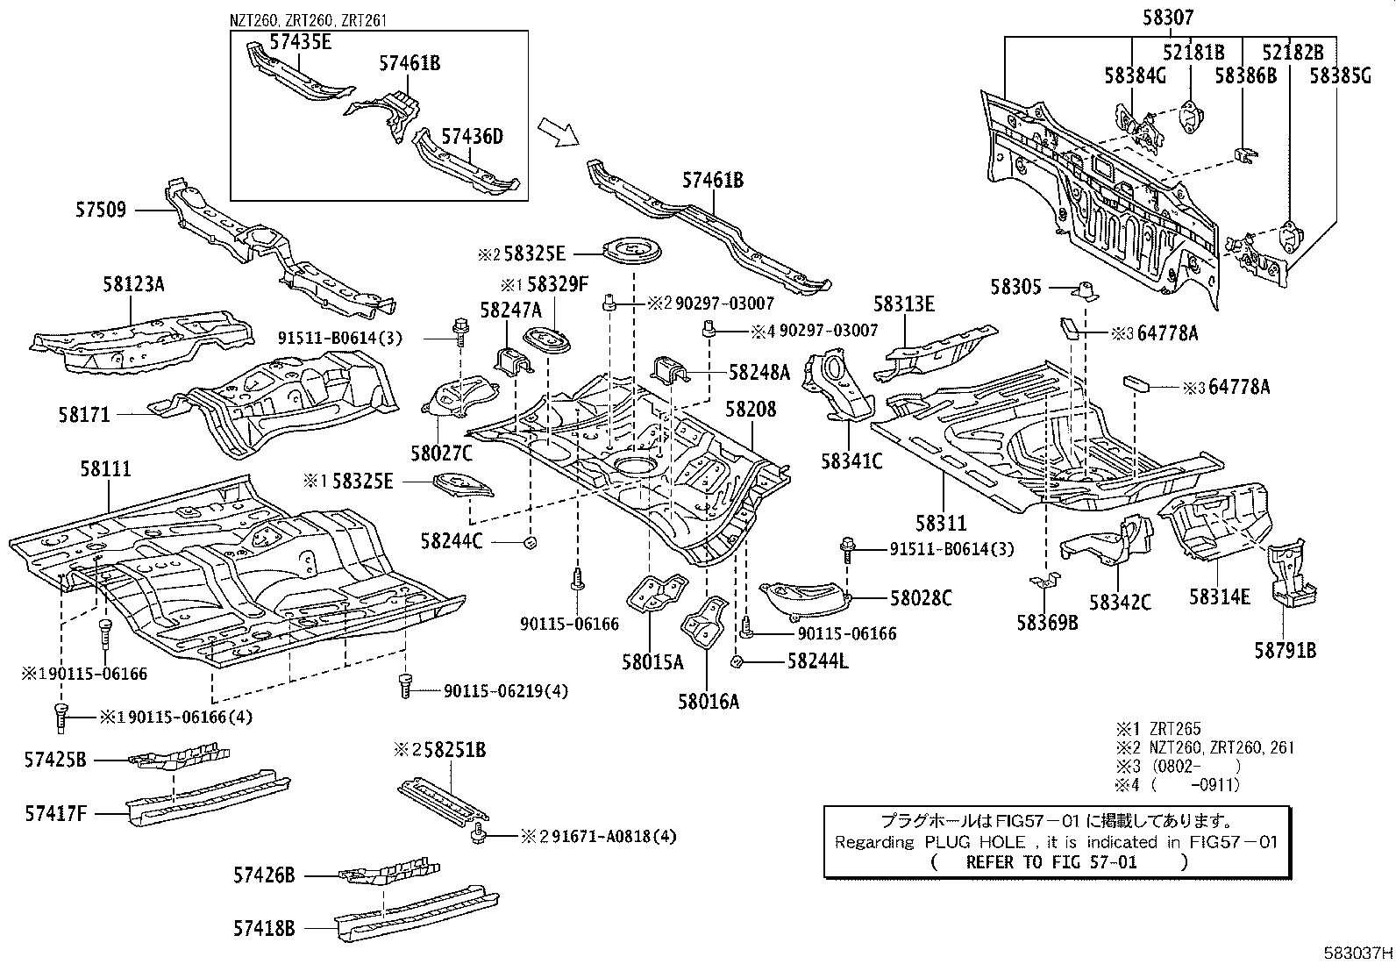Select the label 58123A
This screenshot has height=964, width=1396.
[x=134, y=284]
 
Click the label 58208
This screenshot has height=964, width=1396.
[x=751, y=409]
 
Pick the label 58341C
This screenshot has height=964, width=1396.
[x=851, y=460]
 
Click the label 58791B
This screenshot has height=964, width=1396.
[x=1285, y=651]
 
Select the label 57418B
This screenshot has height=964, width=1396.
[x=264, y=927]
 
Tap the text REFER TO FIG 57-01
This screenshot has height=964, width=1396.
[x=1051, y=861]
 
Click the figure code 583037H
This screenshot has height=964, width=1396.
[x=1358, y=953]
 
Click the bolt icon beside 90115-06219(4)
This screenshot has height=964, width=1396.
[x=404, y=686]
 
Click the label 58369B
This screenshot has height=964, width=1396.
[x=1047, y=623]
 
